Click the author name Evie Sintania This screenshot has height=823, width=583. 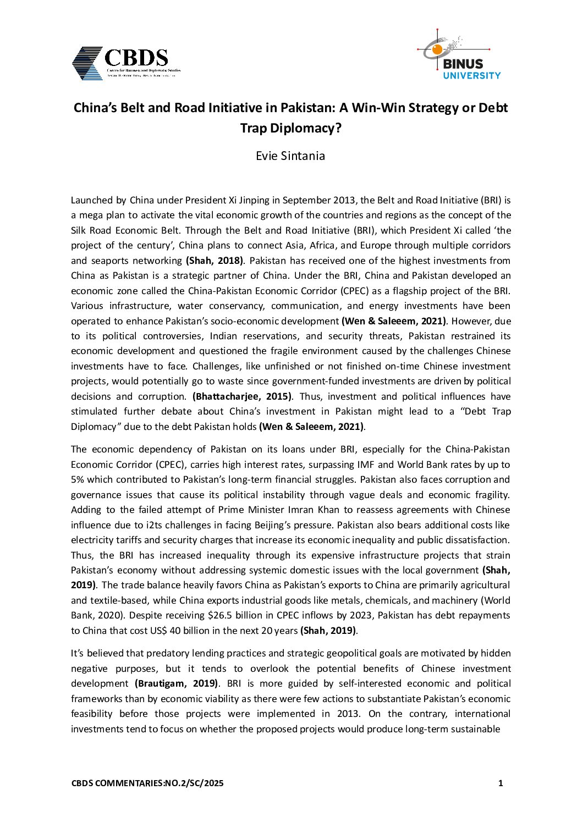tap(290, 156)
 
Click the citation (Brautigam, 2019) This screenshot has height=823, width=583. tap(177, 683)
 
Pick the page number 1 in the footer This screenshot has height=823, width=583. tap(501, 783)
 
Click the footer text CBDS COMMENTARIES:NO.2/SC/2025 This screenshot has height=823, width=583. tap(147, 783)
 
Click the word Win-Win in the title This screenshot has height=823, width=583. tap(378, 108)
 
